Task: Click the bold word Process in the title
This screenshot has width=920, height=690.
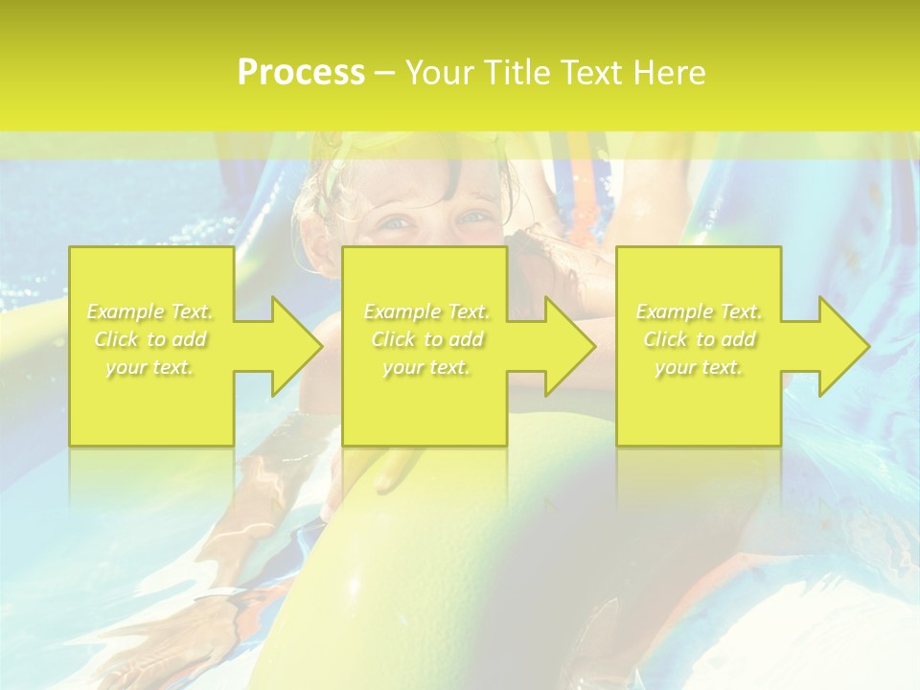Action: (301, 73)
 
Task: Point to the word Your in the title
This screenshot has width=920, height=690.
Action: (442, 73)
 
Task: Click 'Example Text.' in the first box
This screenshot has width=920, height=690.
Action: (150, 311)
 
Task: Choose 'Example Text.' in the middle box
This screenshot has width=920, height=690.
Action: (426, 311)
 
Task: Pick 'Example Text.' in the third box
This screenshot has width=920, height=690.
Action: (699, 311)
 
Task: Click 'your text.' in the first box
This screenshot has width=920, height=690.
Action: (150, 367)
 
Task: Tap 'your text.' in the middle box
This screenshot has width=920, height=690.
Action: (426, 367)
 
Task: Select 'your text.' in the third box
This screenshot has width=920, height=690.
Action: (699, 367)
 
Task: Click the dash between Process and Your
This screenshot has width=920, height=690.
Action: (384, 74)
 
